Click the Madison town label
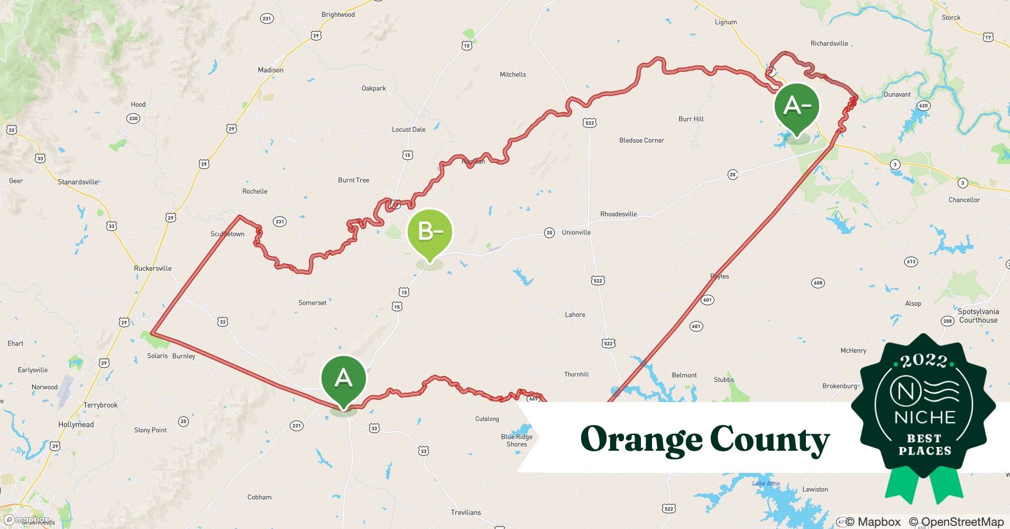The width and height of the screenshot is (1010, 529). coord(271,70)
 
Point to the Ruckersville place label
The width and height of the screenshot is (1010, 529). coord(153,268)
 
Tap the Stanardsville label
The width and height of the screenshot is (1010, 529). coord(78,182)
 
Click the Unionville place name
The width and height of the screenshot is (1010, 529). coord(576,232)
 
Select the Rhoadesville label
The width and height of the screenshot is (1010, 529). coord(618,214)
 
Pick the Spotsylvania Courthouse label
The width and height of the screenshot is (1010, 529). coord(978,316)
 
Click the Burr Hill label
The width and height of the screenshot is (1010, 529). coord(691,119)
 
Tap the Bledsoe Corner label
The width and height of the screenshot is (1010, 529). coord(641,140)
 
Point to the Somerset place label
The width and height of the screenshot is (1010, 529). coord(312,303)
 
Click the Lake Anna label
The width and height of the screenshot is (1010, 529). coord(766,484)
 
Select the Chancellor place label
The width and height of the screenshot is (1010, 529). coord(964,200)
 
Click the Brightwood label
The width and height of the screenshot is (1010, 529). coord(338,15)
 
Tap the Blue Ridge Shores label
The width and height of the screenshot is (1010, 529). coord(517,441)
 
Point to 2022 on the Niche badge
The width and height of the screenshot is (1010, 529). coord(924,361)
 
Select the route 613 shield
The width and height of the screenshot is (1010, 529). coord(911,262)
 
